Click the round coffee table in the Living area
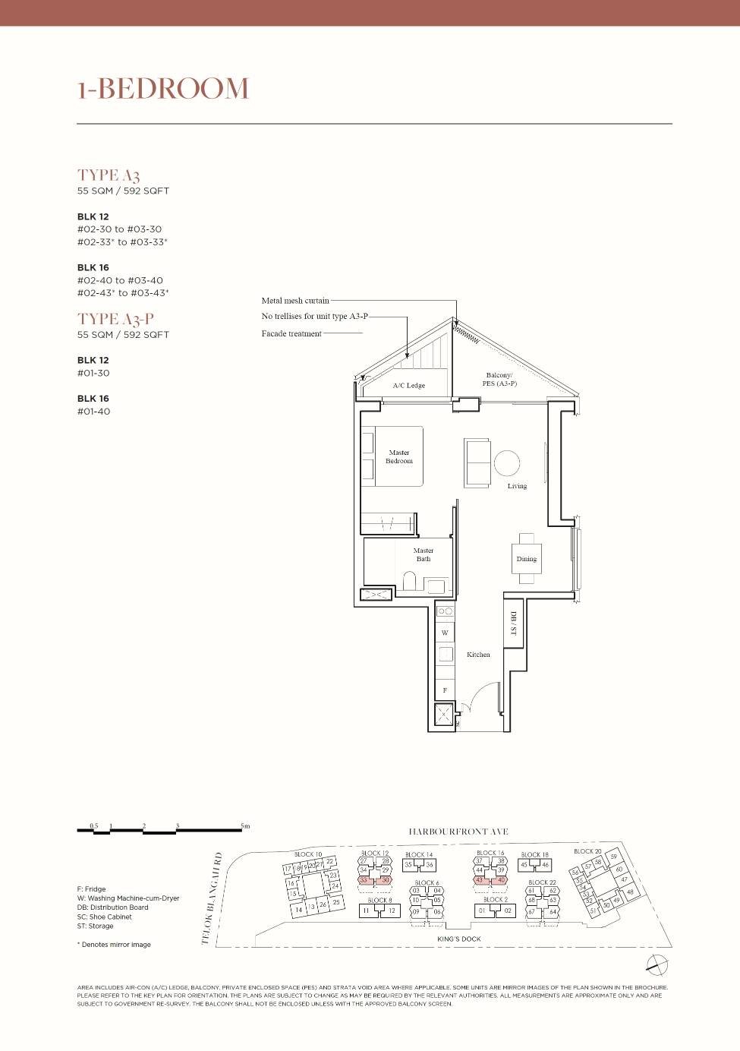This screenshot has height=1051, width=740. coord(507,462)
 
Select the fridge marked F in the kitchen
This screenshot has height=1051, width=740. coord(445,690)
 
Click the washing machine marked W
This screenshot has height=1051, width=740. coord(445,632)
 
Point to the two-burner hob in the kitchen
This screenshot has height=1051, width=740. coord(445,611)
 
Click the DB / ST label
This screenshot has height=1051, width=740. coord(513,623)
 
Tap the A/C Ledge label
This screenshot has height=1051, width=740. coord(408,386)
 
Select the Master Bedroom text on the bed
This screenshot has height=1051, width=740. coord(399,456)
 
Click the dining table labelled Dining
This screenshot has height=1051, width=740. coord(527,559)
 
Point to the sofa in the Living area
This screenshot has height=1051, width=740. coord(477,462)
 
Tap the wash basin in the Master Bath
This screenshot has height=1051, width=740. coord(436,585)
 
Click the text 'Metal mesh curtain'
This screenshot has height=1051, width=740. coord(295,301)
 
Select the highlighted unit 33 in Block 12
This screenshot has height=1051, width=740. coord(364,880)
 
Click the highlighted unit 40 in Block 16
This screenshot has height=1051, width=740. coord(501,880)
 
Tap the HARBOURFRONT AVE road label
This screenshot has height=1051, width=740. coord(458,832)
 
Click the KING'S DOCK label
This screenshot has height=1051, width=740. coord(459,939)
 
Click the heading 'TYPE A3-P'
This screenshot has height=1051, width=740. coord(115,319)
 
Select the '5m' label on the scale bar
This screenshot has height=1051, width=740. coord(244,825)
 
